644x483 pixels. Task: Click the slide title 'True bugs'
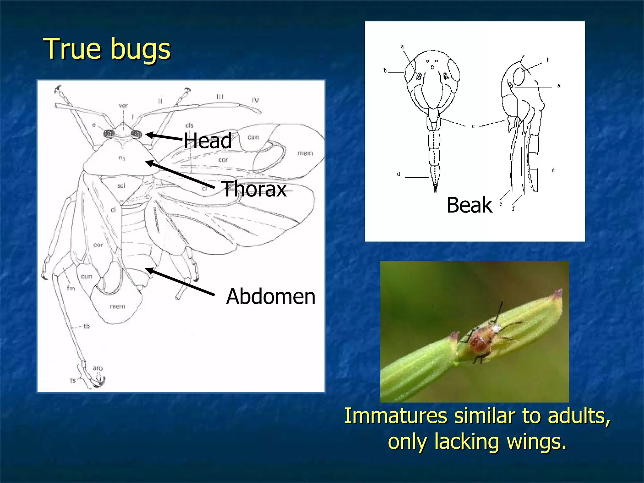pos(107,49)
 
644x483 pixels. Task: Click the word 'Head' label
pos(208,141)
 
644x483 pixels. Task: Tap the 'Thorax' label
pos(254,189)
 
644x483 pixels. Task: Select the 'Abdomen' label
pos(270,296)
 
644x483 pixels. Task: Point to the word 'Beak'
pos(469,205)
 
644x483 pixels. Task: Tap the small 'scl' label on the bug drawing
pos(121,186)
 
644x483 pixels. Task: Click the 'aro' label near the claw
pos(98,368)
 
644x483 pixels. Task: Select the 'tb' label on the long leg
pos(86,326)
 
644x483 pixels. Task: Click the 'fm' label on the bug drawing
pos(71,288)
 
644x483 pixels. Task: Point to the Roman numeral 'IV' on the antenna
pos(255,100)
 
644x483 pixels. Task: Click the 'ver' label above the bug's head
pos(123,106)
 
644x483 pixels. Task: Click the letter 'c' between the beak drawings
pos(473,126)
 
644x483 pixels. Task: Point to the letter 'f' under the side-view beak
pos(513,208)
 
